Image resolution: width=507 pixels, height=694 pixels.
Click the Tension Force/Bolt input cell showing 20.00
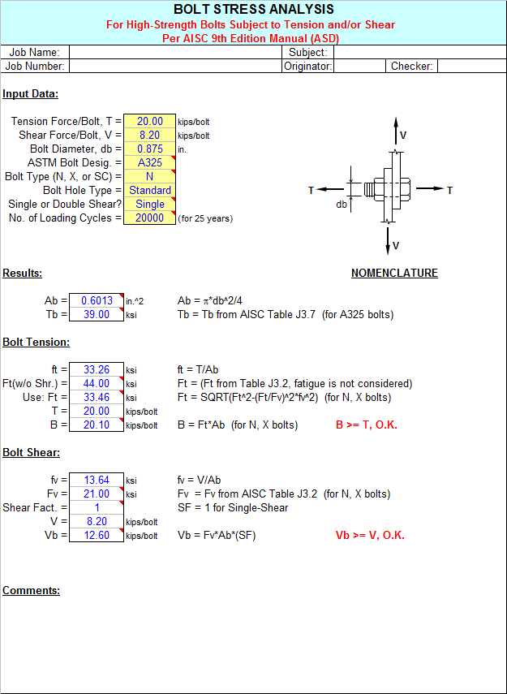149,121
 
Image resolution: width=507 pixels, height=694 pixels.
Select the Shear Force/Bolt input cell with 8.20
149,135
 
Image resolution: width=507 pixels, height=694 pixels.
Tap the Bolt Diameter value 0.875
149,149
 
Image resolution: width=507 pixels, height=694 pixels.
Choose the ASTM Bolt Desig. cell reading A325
149,162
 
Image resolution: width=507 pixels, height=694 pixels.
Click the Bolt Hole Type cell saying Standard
149,190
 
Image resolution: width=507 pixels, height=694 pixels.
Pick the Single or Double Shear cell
149,204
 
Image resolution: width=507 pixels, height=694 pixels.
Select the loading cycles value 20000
149,218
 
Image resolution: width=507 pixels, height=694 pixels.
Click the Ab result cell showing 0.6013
97,300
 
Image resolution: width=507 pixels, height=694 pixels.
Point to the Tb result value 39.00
97,314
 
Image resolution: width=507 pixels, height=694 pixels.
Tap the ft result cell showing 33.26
97,369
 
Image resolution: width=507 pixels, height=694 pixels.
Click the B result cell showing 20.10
97,425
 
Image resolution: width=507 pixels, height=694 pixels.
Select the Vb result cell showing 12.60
97,535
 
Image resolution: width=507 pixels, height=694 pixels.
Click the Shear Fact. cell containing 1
97,507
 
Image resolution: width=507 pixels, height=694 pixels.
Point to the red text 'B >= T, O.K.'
367,425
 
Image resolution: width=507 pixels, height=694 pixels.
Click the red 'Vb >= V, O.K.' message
370,536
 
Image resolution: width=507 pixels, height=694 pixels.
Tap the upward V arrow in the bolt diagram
396,131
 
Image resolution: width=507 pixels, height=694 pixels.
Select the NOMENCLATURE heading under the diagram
394,273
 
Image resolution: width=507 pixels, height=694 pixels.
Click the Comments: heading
32,590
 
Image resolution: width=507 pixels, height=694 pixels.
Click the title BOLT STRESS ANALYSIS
253,9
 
